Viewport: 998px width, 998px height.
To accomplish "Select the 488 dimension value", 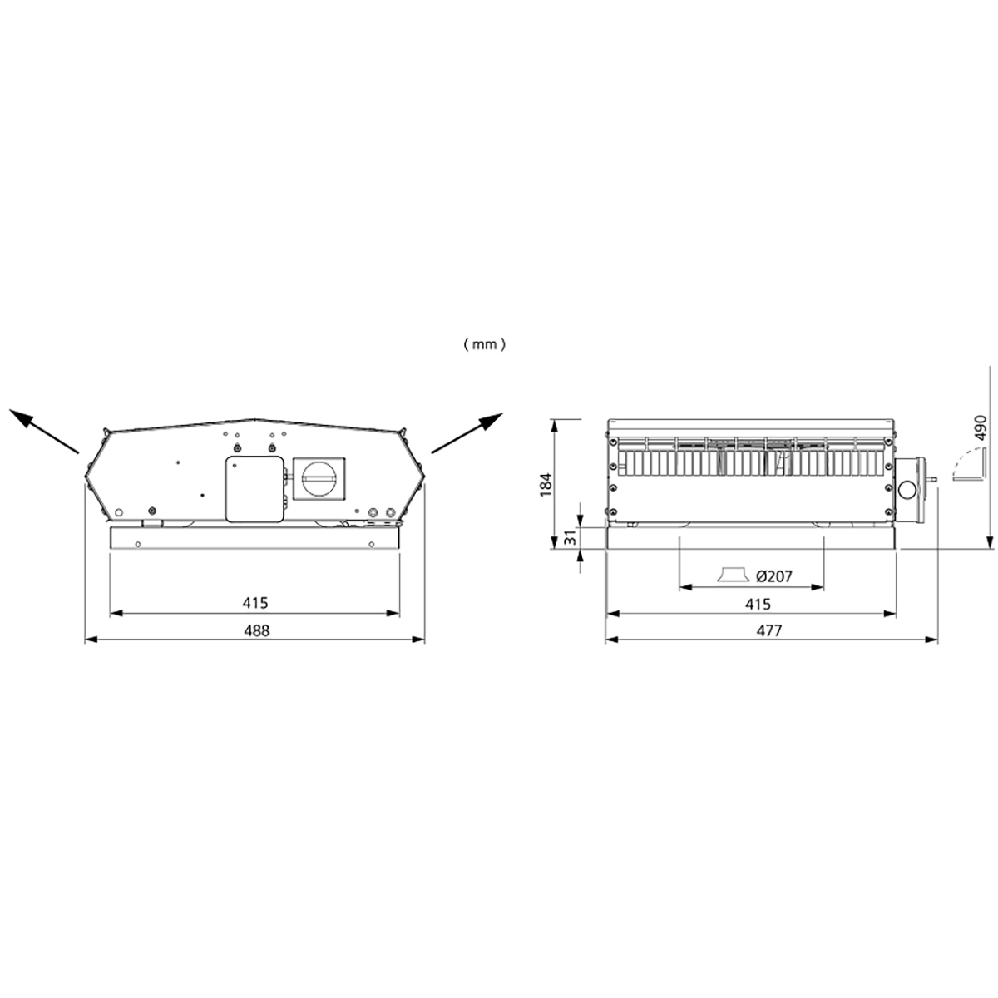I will coord(255,630).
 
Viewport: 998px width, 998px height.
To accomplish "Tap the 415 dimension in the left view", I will coord(255,603).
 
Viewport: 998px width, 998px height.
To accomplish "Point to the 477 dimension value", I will coord(770,630).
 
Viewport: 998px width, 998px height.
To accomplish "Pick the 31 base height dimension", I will coord(571,538).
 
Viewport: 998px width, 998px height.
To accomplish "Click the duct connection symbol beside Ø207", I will coord(731,576).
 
